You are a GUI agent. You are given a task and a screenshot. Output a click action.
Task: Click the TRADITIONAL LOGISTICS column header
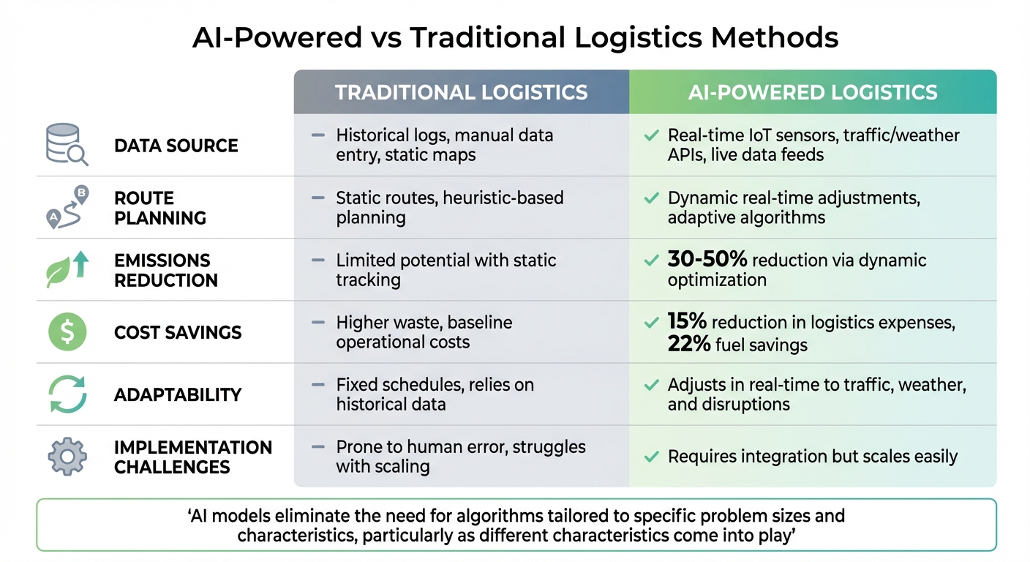click(x=461, y=92)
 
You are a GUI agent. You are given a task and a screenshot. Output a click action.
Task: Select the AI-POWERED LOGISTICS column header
click(x=812, y=92)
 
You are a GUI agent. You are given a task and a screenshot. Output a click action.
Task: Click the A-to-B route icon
click(x=67, y=208)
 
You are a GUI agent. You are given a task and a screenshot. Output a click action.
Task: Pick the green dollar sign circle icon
click(x=67, y=332)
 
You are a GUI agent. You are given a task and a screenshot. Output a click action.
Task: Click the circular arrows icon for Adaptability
click(x=67, y=394)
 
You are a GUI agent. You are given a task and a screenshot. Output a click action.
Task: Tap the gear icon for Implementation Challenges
click(x=67, y=457)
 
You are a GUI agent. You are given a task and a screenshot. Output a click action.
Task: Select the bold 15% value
click(x=687, y=323)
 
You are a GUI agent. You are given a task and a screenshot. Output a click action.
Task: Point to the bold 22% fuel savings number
click(x=689, y=344)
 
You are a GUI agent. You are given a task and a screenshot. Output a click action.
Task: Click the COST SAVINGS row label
click(x=178, y=333)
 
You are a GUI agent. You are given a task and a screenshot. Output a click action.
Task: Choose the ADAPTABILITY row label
click(x=178, y=395)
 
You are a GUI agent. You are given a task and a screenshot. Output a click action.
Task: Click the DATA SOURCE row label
click(x=176, y=146)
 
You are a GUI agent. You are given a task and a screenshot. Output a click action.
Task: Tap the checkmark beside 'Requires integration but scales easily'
click(x=650, y=457)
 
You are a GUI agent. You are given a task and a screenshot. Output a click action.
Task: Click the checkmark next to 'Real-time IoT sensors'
click(x=650, y=135)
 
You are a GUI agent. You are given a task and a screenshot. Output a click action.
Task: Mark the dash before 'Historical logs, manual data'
click(x=318, y=135)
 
